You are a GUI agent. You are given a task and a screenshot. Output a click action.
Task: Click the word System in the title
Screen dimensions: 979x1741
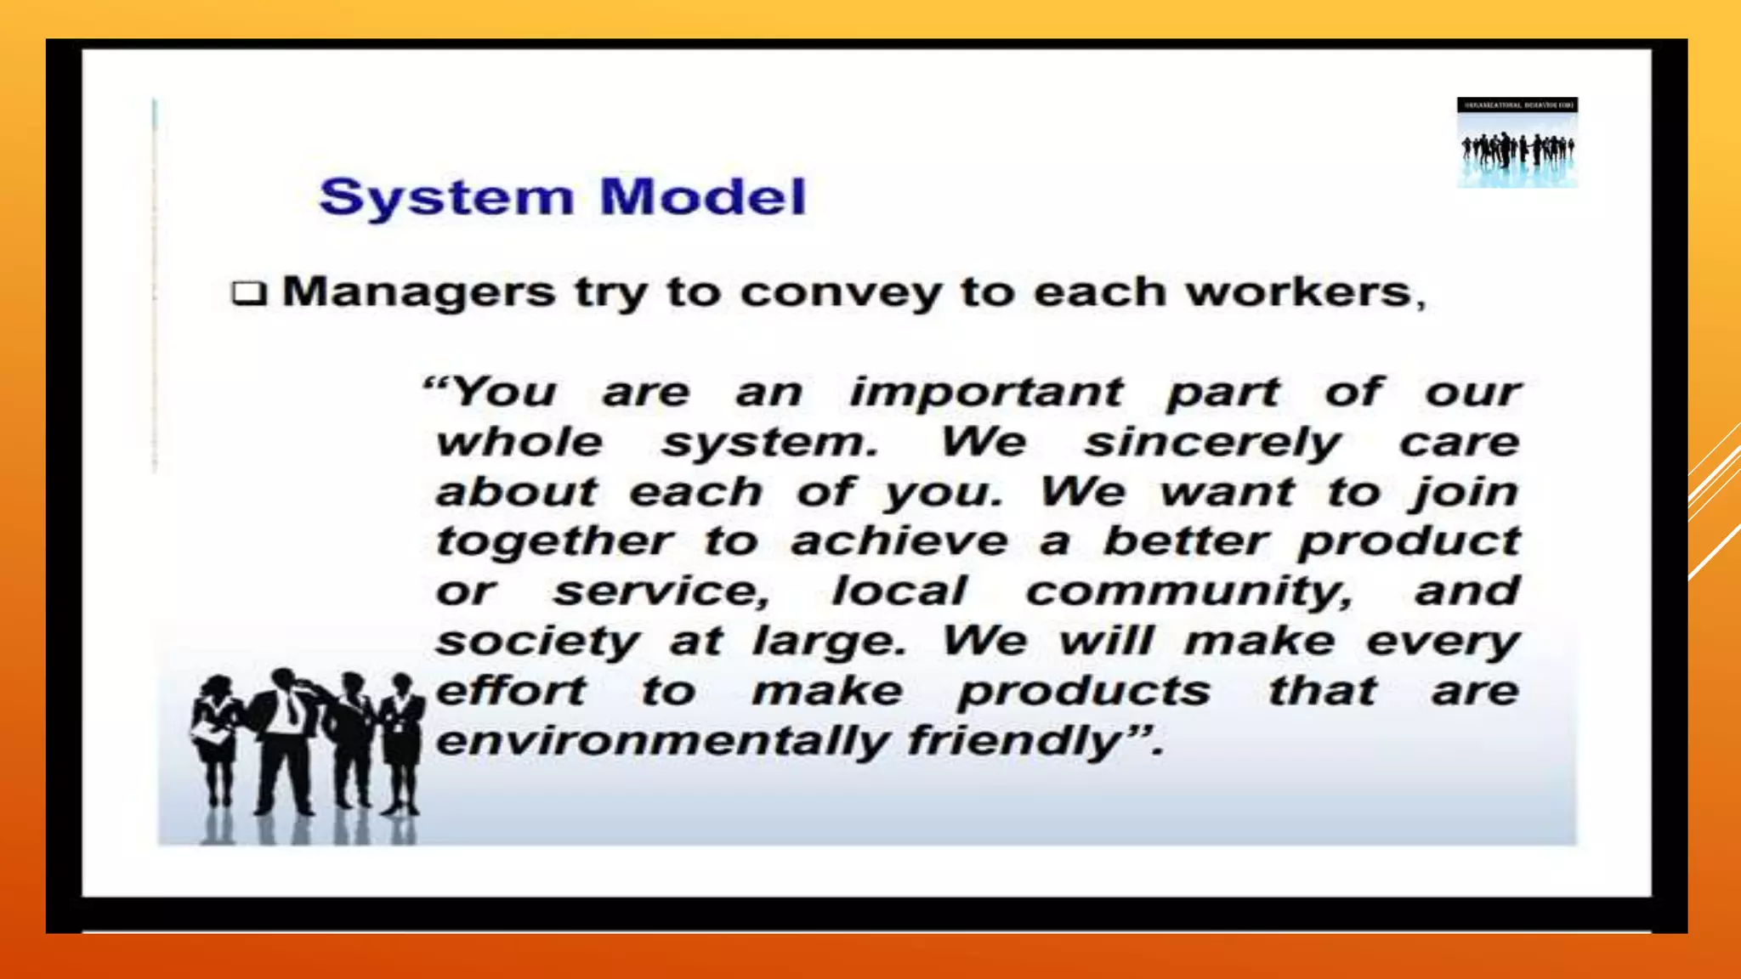pyautogui.click(x=446, y=197)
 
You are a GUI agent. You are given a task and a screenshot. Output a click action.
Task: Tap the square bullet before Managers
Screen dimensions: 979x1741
pyautogui.click(x=248, y=294)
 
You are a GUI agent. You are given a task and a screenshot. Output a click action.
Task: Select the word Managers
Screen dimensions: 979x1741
pyautogui.click(x=418, y=293)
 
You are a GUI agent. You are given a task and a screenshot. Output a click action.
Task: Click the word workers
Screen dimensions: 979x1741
pyautogui.click(x=1298, y=292)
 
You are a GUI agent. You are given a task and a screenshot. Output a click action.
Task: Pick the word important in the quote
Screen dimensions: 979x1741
pyautogui.click(x=986, y=393)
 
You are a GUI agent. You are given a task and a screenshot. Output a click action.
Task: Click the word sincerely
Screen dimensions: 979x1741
pyautogui.click(x=1212, y=443)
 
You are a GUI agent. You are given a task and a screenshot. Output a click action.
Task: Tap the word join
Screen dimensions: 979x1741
pyautogui.click(x=1464, y=492)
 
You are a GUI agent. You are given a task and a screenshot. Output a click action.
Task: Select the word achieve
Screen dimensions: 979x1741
pyautogui.click(x=899, y=541)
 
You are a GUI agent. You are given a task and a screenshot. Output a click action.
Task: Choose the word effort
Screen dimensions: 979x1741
pyautogui.click(x=511, y=690)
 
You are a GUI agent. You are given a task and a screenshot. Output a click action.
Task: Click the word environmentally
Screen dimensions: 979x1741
pyautogui.click(x=662, y=741)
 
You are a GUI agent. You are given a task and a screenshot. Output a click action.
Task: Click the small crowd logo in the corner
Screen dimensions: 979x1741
pyautogui.click(x=1517, y=143)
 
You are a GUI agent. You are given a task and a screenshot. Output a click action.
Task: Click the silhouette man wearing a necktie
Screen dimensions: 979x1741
pyautogui.click(x=285, y=739)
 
